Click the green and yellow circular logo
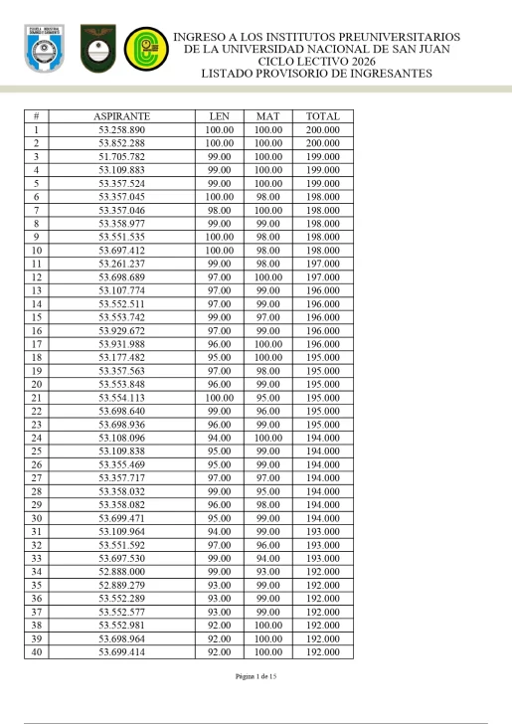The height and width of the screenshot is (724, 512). [x=141, y=48]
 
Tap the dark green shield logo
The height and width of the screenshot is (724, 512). [x=96, y=47]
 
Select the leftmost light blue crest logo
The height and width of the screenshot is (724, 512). [x=43, y=48]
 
